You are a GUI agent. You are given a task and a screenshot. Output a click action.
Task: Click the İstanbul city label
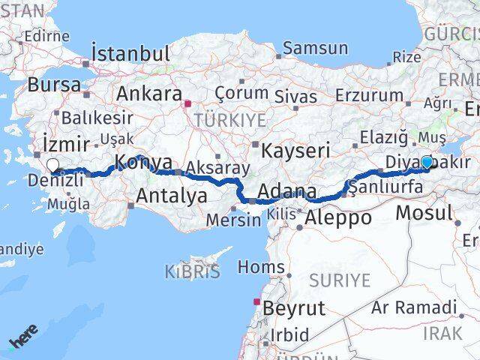(130, 54)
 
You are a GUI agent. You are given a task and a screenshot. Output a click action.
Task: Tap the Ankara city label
(149, 94)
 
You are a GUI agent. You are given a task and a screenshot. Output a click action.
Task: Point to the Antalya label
(172, 196)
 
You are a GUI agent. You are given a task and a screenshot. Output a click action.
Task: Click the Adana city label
(288, 191)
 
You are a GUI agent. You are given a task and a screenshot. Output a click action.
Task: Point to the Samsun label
(316, 49)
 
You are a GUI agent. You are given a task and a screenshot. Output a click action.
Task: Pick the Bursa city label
(55, 85)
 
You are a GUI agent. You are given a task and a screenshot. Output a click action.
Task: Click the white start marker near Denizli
(52, 166)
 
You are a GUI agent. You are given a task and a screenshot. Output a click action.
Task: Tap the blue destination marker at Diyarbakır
(427, 161)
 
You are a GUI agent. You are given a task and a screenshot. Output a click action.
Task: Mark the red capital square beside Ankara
(188, 104)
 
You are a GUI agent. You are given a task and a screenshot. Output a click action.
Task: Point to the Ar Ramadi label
(414, 307)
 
